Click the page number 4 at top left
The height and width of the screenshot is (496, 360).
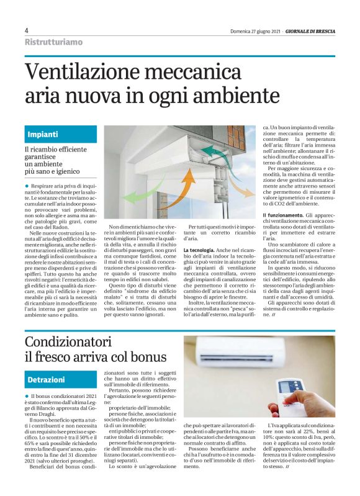tap(27, 30)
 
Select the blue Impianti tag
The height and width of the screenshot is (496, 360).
tap(43, 134)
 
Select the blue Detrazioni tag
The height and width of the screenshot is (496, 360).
tap(46, 379)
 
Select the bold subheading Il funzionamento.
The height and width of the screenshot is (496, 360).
tap(282, 215)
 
